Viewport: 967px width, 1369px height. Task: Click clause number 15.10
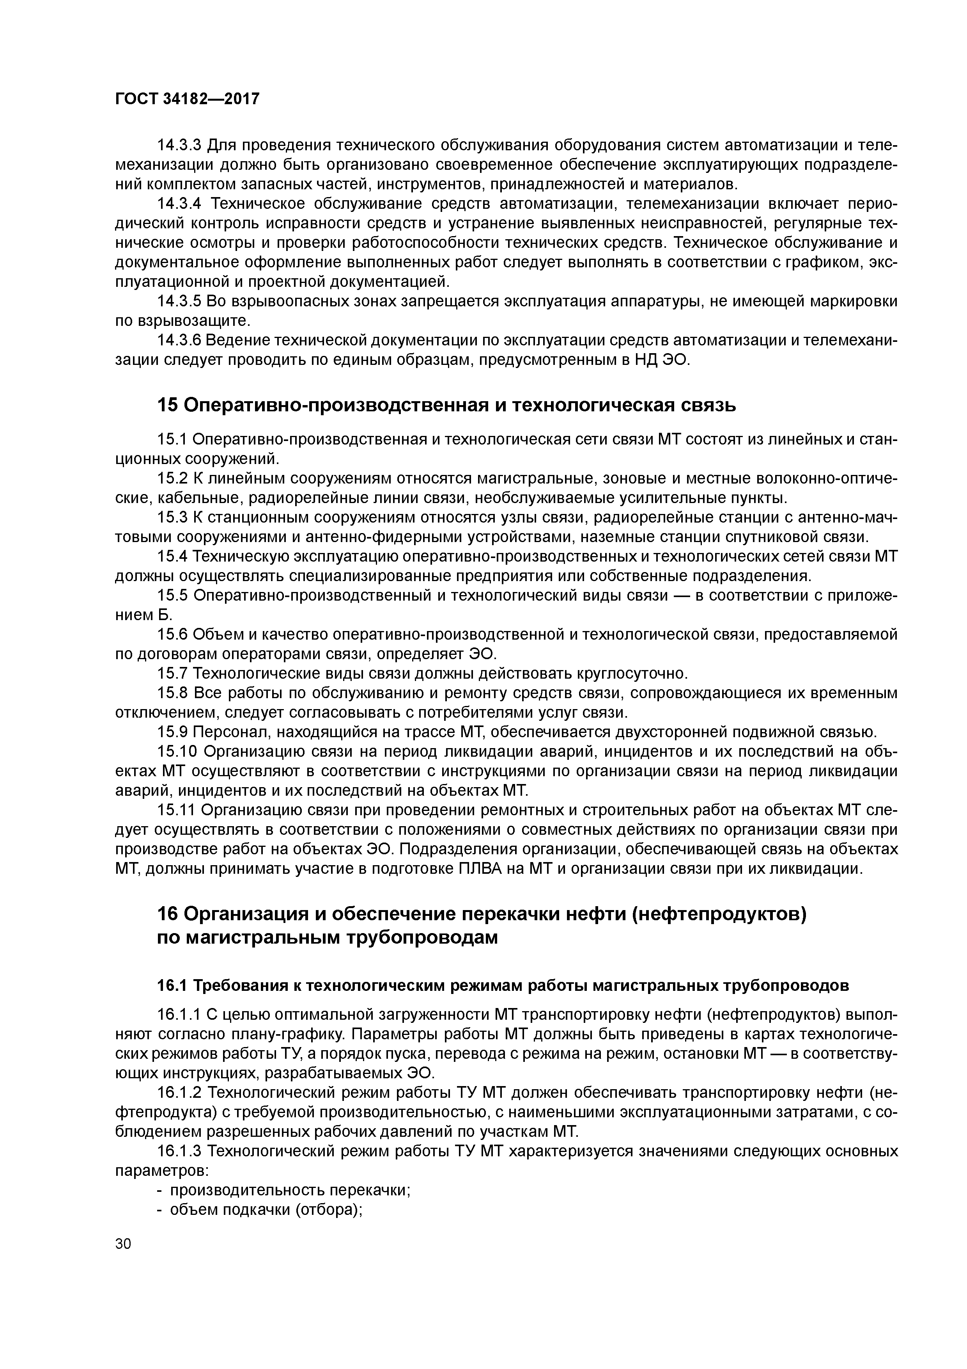(x=176, y=752)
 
